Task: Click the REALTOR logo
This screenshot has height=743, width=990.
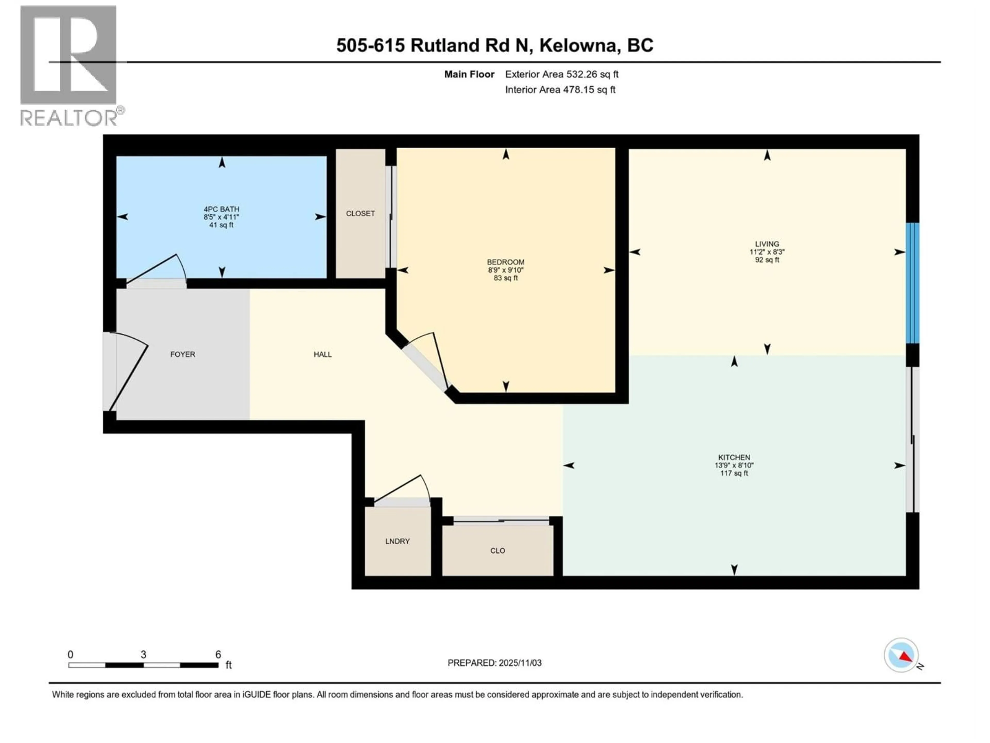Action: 69,65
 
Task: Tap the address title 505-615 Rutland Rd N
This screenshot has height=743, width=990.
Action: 494,45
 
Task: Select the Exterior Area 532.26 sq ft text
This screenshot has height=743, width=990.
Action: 562,74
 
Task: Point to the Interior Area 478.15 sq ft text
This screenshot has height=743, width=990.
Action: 560,90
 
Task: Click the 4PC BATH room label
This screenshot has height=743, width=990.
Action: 221,209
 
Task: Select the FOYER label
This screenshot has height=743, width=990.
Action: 183,354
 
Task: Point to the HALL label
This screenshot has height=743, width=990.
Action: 322,354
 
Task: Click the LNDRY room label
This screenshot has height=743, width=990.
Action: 398,541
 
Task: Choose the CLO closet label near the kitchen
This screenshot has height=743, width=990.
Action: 497,551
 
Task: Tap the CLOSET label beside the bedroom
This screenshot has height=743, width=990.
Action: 360,214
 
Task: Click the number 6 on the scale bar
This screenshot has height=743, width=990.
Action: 218,654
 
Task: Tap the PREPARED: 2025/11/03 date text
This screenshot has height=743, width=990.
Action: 494,663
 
